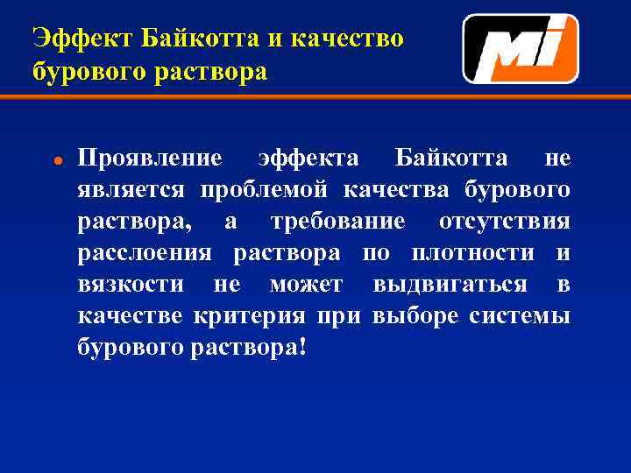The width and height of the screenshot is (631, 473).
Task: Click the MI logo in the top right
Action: point(520,49)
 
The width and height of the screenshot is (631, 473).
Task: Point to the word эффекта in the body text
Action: point(308,158)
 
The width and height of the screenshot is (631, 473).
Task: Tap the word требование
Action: point(338,222)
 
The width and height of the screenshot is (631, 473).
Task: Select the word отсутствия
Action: point(504,222)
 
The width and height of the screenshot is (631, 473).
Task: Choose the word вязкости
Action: point(131,285)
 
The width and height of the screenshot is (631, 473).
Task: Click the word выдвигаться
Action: point(450,285)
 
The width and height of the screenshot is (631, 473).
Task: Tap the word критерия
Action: point(250,316)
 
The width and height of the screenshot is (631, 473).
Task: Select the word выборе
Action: point(415,316)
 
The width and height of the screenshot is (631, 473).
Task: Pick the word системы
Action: point(520,316)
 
